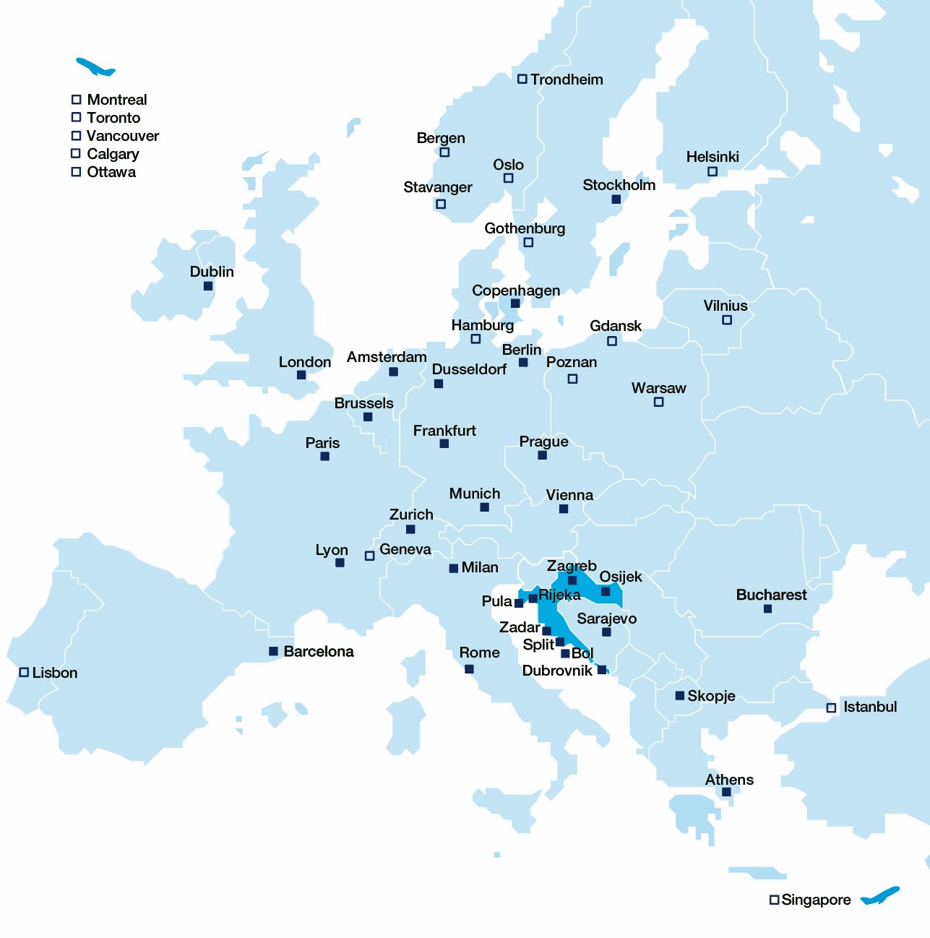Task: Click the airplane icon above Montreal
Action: click(x=95, y=67)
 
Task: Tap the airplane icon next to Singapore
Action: click(x=880, y=896)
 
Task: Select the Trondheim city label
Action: click(x=567, y=79)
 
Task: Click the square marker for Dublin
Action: click(x=208, y=286)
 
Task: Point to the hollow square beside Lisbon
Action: click(x=24, y=672)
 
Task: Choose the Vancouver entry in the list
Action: click(x=122, y=136)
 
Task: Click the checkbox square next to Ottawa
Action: click(x=76, y=172)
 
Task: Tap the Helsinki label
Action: click(x=712, y=157)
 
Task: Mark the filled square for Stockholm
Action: click(x=616, y=199)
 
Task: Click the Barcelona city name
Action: click(x=319, y=651)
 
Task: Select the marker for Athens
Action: click(x=726, y=792)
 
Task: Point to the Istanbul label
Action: click(x=870, y=707)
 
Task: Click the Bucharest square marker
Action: click(x=767, y=609)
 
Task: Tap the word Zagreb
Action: click(x=572, y=566)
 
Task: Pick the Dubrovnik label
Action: click(x=557, y=671)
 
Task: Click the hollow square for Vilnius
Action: click(x=727, y=320)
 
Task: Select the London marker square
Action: click(x=301, y=375)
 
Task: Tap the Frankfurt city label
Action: click(x=444, y=431)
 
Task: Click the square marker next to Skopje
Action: click(x=679, y=696)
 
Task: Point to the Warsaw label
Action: click(x=658, y=388)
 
